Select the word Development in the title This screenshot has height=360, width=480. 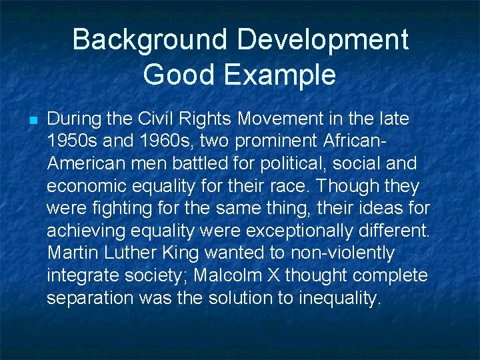(325, 40)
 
